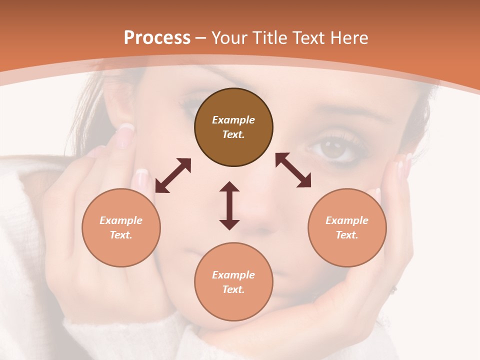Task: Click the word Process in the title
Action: coord(157,38)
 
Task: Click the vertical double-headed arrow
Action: coord(229,205)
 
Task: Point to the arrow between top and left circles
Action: coord(173,175)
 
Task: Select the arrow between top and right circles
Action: coord(293,170)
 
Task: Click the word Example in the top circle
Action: coord(233,120)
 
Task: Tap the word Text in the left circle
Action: coord(121,235)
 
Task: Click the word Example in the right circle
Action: coord(347,220)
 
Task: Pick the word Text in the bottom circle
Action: coord(233,289)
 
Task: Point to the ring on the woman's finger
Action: coord(394,288)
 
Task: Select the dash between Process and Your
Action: coord(201,38)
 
